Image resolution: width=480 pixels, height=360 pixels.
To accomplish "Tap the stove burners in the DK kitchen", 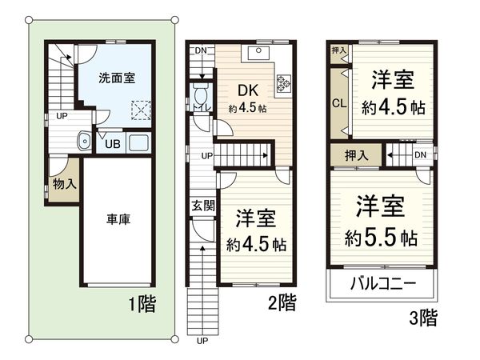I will click(x=282, y=82).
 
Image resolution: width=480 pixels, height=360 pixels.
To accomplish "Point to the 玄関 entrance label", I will click(x=202, y=205).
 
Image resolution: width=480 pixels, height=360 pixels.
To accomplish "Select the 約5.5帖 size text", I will click(x=381, y=238).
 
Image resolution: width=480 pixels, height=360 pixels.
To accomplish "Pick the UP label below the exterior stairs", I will click(x=202, y=341).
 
